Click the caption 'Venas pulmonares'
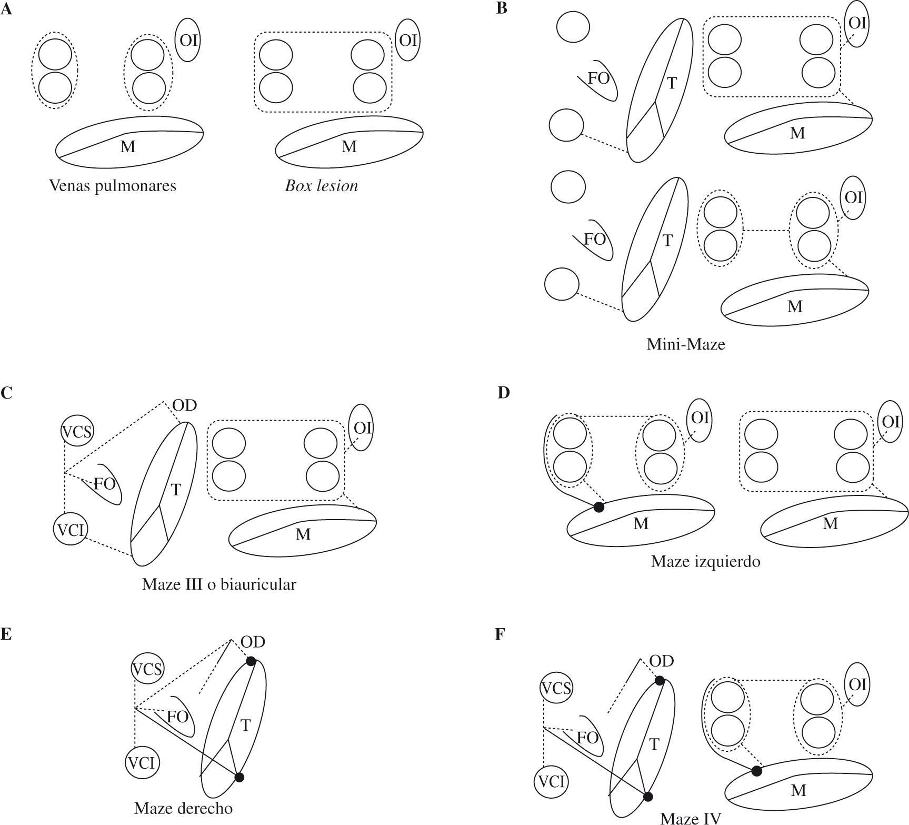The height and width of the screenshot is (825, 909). pos(112,186)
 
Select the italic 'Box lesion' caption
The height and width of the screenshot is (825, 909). pos(321,186)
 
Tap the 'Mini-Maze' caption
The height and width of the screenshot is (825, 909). pos(685,344)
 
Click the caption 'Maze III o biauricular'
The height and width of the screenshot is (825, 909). pos(219,584)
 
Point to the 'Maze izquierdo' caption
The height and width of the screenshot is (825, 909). pos(705,562)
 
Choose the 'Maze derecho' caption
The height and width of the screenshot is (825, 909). pos(183,808)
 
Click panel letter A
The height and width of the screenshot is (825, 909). pos(6,9)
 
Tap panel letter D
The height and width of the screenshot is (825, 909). pos(503,393)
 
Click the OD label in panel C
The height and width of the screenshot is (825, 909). pos(184,405)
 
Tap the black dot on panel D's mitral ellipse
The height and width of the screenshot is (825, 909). pos(598,507)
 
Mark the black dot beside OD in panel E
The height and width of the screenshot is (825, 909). pos(251,661)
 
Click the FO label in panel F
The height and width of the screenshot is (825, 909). pos(587,738)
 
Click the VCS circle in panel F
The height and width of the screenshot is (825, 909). pos(556,688)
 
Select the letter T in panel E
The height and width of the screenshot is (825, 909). pos(245,725)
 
